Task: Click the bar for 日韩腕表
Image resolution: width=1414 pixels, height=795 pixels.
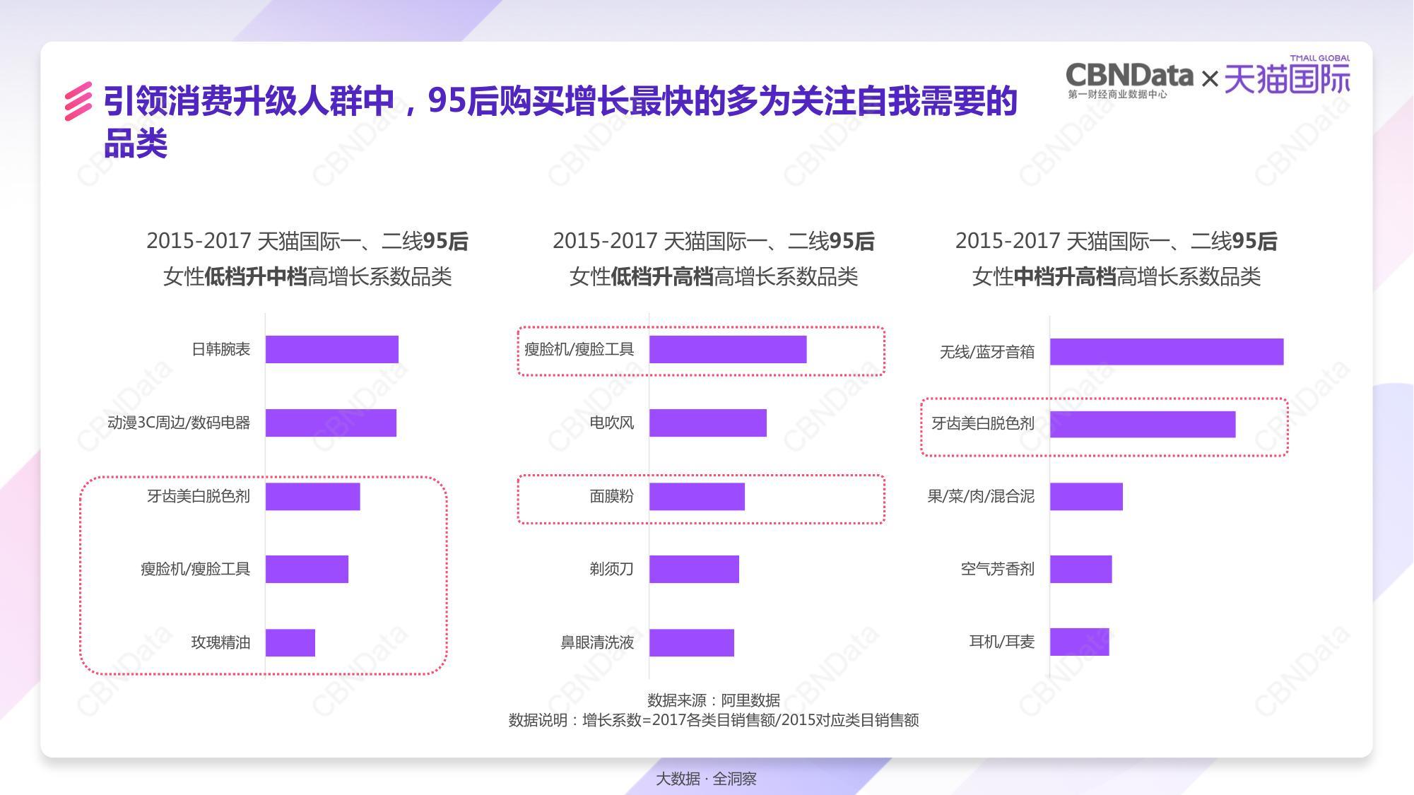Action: [x=332, y=349]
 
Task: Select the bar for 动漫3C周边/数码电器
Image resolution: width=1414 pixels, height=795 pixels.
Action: [x=331, y=423]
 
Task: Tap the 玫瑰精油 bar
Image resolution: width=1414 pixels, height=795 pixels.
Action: [x=290, y=642]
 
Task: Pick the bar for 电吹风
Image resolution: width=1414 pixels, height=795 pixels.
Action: [x=708, y=423]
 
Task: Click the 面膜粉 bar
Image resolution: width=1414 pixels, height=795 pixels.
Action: [x=697, y=496]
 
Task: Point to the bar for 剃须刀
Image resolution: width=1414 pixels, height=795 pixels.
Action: [x=694, y=569]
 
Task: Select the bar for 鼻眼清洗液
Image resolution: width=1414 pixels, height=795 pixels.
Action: [x=692, y=642]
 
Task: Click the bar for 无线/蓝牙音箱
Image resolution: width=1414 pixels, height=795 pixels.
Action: [x=1167, y=352]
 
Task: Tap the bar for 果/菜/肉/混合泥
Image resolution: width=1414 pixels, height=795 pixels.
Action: [x=1086, y=496]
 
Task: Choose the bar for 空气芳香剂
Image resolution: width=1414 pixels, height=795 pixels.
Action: [x=1081, y=569]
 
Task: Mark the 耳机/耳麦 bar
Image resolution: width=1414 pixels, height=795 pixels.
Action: [x=1080, y=642]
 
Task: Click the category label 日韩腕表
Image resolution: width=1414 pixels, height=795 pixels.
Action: [x=220, y=349]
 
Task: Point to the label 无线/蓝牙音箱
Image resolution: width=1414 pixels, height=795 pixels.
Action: [x=986, y=352]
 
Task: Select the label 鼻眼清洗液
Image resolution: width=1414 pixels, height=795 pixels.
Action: [x=597, y=642]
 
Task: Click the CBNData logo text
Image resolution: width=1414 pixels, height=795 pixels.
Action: [x=1129, y=75]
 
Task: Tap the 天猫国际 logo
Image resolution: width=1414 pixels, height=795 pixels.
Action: [x=1287, y=78]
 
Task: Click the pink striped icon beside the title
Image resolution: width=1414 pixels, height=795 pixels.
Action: [x=78, y=102]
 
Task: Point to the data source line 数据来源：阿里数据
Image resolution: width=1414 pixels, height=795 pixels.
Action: [x=714, y=700]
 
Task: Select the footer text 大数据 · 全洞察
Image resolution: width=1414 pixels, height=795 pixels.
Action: [x=706, y=779]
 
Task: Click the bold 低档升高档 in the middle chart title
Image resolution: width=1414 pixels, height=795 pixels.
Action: [x=662, y=276]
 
